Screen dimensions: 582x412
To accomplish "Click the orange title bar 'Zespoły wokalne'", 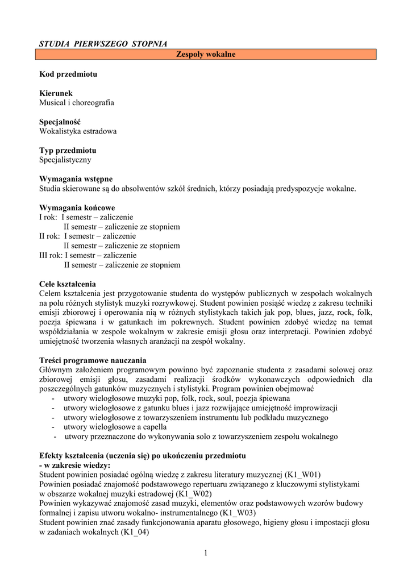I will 206,55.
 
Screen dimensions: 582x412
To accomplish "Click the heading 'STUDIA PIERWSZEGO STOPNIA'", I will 103,44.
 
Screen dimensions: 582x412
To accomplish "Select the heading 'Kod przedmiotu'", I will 68,74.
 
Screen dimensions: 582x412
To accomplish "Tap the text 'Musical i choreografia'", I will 77,103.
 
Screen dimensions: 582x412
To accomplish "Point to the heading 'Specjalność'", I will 60,122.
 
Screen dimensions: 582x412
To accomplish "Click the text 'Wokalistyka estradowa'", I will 78,131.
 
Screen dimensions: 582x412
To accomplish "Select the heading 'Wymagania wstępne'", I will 76,179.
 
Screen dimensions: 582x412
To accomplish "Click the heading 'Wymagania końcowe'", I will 77,207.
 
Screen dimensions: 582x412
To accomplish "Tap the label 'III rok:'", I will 51,255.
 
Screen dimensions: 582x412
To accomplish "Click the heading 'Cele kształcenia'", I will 68,284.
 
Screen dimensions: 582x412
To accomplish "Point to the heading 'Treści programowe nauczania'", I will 93,360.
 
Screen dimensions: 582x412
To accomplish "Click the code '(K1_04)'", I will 135,533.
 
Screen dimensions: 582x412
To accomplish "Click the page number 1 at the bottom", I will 206,554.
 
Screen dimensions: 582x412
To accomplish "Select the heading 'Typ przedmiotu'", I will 68,151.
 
